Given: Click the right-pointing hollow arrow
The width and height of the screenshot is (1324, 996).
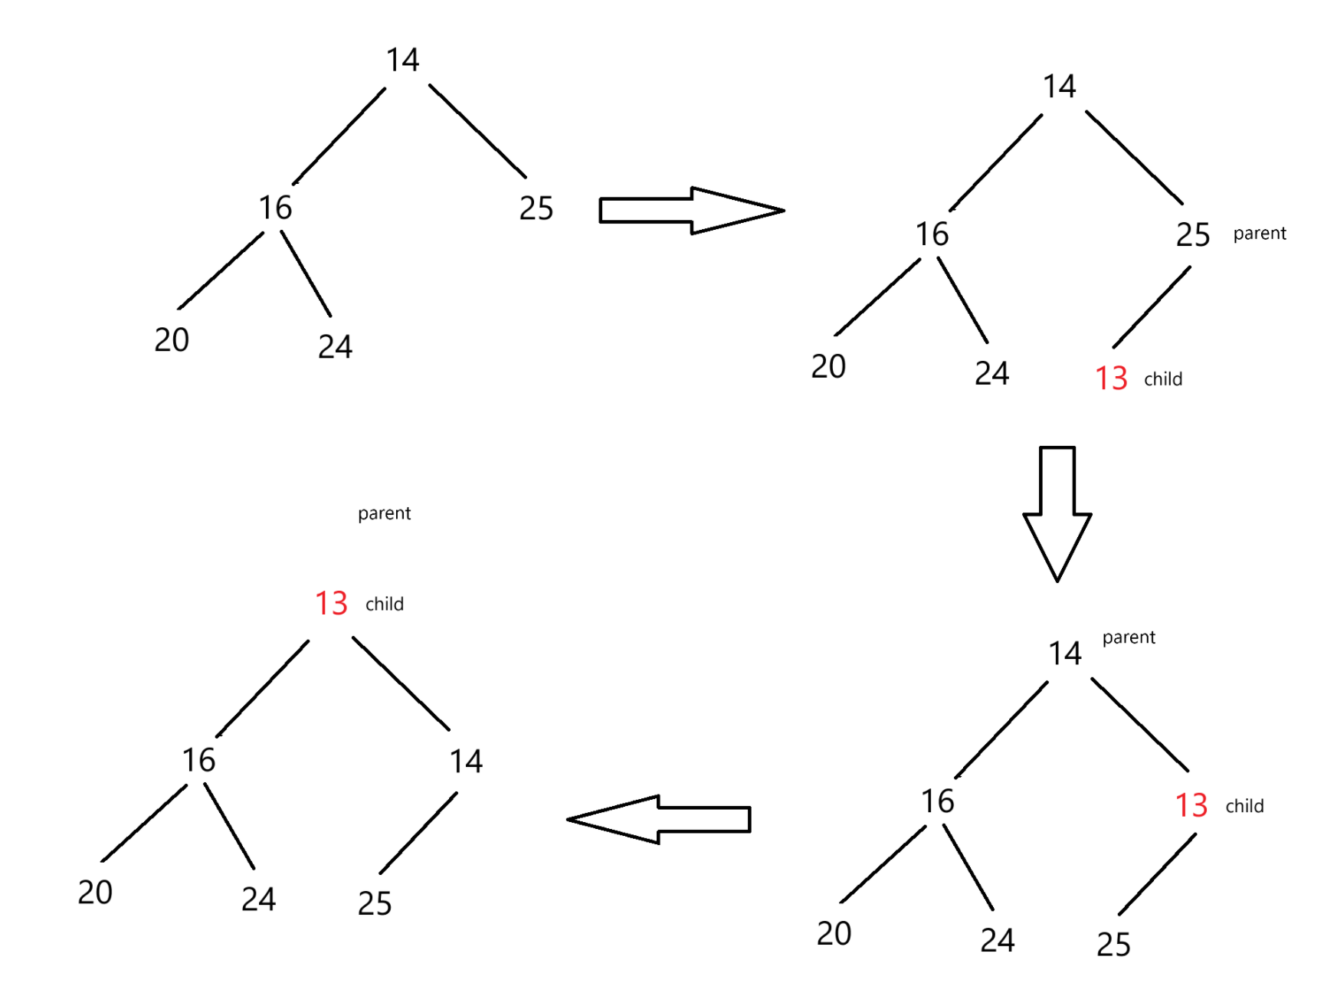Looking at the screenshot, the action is [691, 211].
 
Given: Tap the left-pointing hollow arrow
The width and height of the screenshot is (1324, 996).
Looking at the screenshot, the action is [658, 820].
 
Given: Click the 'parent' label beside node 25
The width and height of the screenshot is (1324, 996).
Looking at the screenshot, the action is [1260, 234].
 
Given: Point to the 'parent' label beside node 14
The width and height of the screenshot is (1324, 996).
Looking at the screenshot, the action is [1129, 637].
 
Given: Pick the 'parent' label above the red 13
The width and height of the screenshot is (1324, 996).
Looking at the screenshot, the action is [384, 513].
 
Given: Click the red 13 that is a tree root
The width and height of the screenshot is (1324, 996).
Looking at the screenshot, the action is [332, 604].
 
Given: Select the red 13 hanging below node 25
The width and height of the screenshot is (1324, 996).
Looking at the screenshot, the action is [1111, 378].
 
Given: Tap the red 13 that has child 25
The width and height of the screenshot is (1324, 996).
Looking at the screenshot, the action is [1191, 805].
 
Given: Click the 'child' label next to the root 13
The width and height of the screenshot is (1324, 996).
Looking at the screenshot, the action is [385, 604].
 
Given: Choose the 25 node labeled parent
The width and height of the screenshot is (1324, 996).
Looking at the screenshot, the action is [1193, 235].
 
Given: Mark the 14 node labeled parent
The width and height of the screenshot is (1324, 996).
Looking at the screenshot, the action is [1065, 654].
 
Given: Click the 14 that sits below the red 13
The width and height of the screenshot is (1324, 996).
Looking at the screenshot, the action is [466, 762].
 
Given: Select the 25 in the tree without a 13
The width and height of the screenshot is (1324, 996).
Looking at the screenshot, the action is [536, 208].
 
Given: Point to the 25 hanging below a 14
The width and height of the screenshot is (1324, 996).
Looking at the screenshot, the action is [375, 904].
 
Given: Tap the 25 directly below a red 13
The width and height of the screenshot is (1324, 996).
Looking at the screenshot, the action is [1113, 945].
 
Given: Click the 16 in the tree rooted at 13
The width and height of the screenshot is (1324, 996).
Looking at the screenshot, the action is [198, 760].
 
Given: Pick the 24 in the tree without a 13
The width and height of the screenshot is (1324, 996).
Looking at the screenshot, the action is [336, 347].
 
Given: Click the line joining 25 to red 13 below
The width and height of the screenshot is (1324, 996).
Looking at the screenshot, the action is [1152, 307].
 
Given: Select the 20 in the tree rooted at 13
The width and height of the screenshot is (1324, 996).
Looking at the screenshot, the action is [95, 893].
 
